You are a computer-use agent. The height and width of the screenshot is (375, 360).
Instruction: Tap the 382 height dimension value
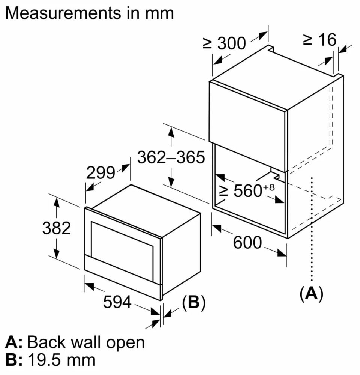(56, 228)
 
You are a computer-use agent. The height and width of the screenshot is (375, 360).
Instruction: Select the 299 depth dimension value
(100, 173)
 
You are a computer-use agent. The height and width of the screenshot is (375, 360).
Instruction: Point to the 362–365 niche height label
(171, 157)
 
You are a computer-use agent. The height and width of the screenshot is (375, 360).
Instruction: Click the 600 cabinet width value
(247, 243)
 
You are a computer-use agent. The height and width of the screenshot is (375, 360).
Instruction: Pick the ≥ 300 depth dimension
(224, 44)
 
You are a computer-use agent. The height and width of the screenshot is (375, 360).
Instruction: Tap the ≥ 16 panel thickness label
(320, 40)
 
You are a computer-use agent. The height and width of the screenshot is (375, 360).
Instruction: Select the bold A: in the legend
(14, 342)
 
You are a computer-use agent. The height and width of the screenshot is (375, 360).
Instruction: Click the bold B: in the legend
(14, 360)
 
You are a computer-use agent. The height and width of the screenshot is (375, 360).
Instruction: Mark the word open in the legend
(126, 343)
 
